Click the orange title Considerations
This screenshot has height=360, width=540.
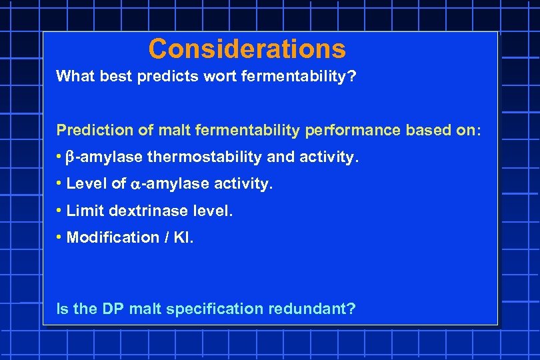click(247, 49)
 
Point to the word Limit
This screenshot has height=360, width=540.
click(85, 211)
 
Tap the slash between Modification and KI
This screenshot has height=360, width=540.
click(163, 237)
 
